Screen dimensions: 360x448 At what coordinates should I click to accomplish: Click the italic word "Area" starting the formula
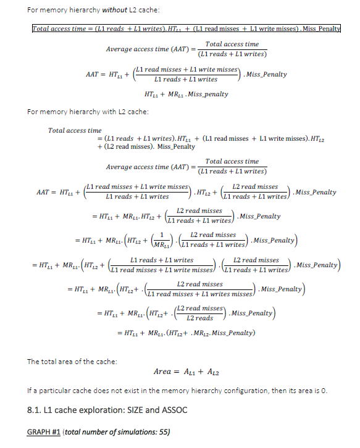162,372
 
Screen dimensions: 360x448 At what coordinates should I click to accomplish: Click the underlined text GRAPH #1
43,431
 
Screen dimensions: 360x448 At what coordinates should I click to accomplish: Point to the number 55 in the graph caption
162,431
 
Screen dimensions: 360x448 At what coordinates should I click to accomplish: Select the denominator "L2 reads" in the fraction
199,318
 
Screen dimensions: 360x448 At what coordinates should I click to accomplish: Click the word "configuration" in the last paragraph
240,391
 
